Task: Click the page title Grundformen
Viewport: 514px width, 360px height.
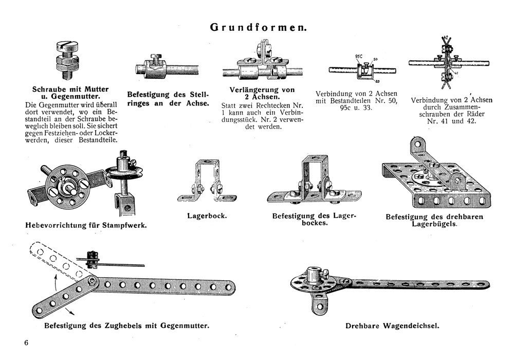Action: [x=259, y=28]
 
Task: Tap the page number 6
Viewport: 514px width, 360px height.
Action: [x=26, y=343]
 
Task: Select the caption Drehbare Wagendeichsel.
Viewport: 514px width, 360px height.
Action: [x=394, y=326]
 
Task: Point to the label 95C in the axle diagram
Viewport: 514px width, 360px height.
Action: [x=359, y=56]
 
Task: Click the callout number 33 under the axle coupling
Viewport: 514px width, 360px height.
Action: [x=377, y=81]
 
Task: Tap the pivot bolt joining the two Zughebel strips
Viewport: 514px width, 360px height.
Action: [x=90, y=282]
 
